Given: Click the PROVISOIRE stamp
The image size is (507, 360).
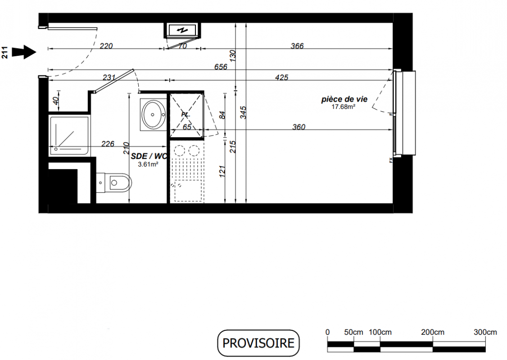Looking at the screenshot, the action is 258,343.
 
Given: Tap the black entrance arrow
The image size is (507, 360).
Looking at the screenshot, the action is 24,52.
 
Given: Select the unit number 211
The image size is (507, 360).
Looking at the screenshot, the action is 5,53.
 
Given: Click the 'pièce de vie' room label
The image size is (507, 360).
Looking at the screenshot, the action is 344,99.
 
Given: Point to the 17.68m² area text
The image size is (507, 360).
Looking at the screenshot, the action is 344,107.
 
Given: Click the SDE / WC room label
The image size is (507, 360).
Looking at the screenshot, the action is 149,157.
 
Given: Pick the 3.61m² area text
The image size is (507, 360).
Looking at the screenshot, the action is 148,164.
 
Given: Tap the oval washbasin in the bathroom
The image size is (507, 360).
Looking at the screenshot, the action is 154,114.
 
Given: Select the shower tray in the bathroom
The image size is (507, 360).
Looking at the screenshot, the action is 69,136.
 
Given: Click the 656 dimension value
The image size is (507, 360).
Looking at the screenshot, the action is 221,67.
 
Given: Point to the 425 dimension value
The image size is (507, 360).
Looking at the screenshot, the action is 281,77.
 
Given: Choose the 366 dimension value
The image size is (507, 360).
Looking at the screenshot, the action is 297,46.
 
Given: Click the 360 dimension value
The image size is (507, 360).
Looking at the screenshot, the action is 299,127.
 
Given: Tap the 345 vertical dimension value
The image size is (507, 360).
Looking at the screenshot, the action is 244,112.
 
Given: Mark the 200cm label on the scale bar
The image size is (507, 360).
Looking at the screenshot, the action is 433,332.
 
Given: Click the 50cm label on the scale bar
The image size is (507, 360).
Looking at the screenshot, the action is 353,332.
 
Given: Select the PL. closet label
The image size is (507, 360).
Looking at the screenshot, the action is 186,114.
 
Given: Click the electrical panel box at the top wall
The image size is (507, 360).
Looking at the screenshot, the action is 182,30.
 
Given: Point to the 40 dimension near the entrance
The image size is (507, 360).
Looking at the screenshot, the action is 56,101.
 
